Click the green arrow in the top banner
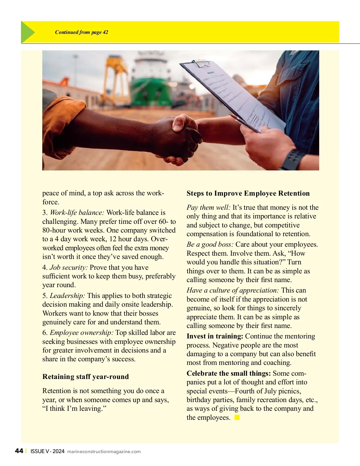click(28, 32)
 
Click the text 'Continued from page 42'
click(82, 32)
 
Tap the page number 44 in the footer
click(19, 451)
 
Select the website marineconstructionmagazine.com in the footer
click(104, 452)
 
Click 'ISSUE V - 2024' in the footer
click(47, 451)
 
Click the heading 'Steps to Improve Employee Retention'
click(248, 193)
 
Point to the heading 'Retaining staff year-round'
click(85, 377)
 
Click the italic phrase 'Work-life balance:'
click(77, 212)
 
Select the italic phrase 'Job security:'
click(69, 267)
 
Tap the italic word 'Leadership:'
click(67, 296)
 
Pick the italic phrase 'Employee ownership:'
click(82, 332)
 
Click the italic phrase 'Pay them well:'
click(208, 207)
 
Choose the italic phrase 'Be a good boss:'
click(210, 244)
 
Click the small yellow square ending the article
click(237, 417)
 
